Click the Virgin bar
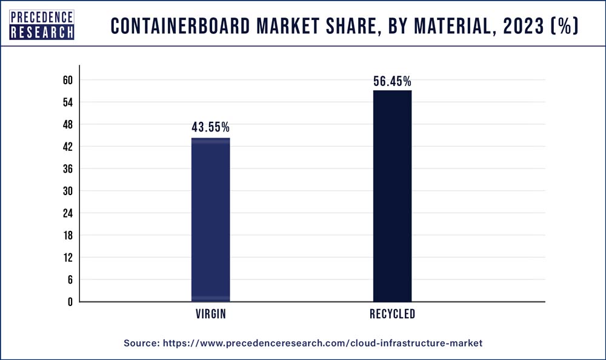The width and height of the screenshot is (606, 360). click(210, 219)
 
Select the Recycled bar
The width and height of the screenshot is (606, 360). click(392, 196)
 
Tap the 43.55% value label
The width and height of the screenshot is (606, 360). click(210, 127)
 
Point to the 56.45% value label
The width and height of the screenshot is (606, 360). click(392, 81)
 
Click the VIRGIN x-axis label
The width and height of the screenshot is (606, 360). click(210, 314)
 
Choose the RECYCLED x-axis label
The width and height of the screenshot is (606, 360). click(392, 314)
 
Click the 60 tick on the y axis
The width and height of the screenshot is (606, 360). click(67, 80)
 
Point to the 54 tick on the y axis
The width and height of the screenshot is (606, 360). click(67, 102)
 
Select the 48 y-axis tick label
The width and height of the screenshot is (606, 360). click(67, 124)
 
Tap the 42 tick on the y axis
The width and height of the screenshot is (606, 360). click(67, 147)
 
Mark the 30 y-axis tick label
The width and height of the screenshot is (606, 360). click(67, 191)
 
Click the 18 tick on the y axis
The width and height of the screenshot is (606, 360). click(67, 235)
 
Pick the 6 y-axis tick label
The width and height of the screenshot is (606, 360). click(70, 279)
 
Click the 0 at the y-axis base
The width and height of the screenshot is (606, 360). click(70, 302)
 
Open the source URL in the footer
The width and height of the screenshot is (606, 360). click(322, 343)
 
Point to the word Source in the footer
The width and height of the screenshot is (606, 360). click(141, 343)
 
